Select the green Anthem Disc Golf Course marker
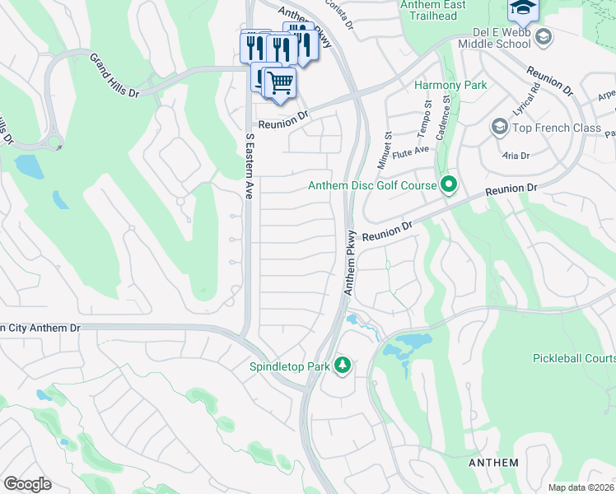(449, 184)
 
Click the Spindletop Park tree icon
(343, 366)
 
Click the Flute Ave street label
(412, 149)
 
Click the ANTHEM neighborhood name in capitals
(493, 463)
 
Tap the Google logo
(27, 483)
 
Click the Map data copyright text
(581, 487)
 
